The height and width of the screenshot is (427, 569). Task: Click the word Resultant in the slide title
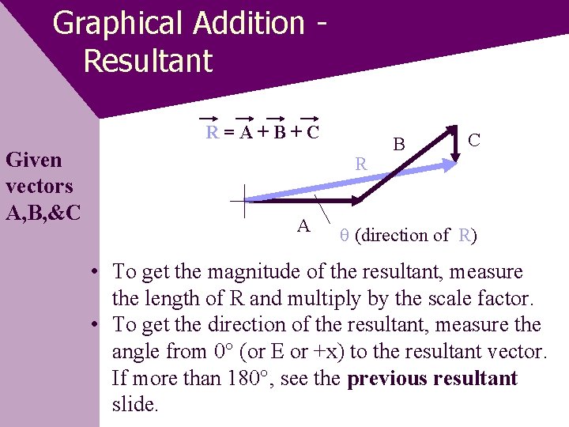click(x=148, y=61)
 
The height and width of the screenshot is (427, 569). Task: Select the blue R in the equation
click(x=212, y=133)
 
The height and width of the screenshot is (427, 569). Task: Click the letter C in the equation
click(x=312, y=133)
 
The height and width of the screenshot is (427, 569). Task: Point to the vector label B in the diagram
click(x=399, y=144)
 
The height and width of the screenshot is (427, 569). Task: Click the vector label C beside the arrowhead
click(x=474, y=140)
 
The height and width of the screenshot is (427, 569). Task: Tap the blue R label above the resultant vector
click(x=360, y=164)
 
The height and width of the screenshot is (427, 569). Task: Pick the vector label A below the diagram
click(x=303, y=226)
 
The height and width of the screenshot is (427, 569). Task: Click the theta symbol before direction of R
click(x=344, y=236)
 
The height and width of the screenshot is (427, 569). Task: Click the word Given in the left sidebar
click(x=33, y=160)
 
